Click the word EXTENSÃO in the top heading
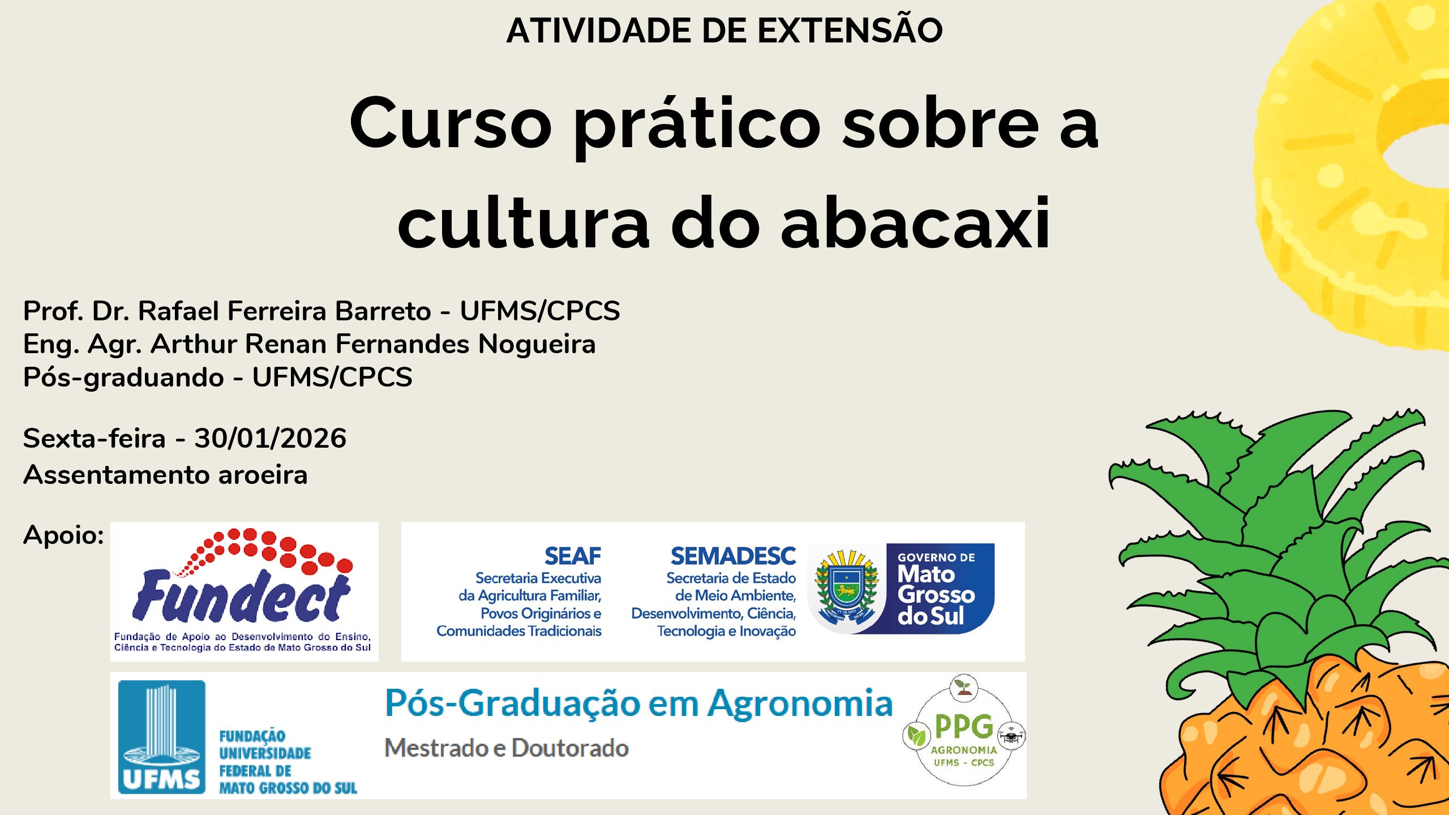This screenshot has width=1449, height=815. click(x=850, y=30)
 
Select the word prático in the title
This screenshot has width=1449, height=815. click(x=697, y=125)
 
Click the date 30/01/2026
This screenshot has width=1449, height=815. click(x=270, y=438)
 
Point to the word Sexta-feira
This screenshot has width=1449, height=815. click(x=94, y=438)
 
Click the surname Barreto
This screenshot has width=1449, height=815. click(x=383, y=311)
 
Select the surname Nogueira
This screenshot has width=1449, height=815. click(x=537, y=344)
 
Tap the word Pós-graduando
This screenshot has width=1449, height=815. click(x=123, y=378)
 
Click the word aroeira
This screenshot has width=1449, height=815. click(x=263, y=474)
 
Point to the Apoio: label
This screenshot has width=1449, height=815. click(x=63, y=535)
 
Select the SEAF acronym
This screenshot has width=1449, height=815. click(x=572, y=556)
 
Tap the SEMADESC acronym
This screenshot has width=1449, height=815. click(x=733, y=556)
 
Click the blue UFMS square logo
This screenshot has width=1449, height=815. click(x=161, y=736)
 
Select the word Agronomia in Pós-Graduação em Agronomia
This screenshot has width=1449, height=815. click(x=800, y=704)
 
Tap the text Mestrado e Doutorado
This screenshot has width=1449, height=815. click(x=506, y=748)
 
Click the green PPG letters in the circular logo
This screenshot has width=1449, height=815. click(x=963, y=726)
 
